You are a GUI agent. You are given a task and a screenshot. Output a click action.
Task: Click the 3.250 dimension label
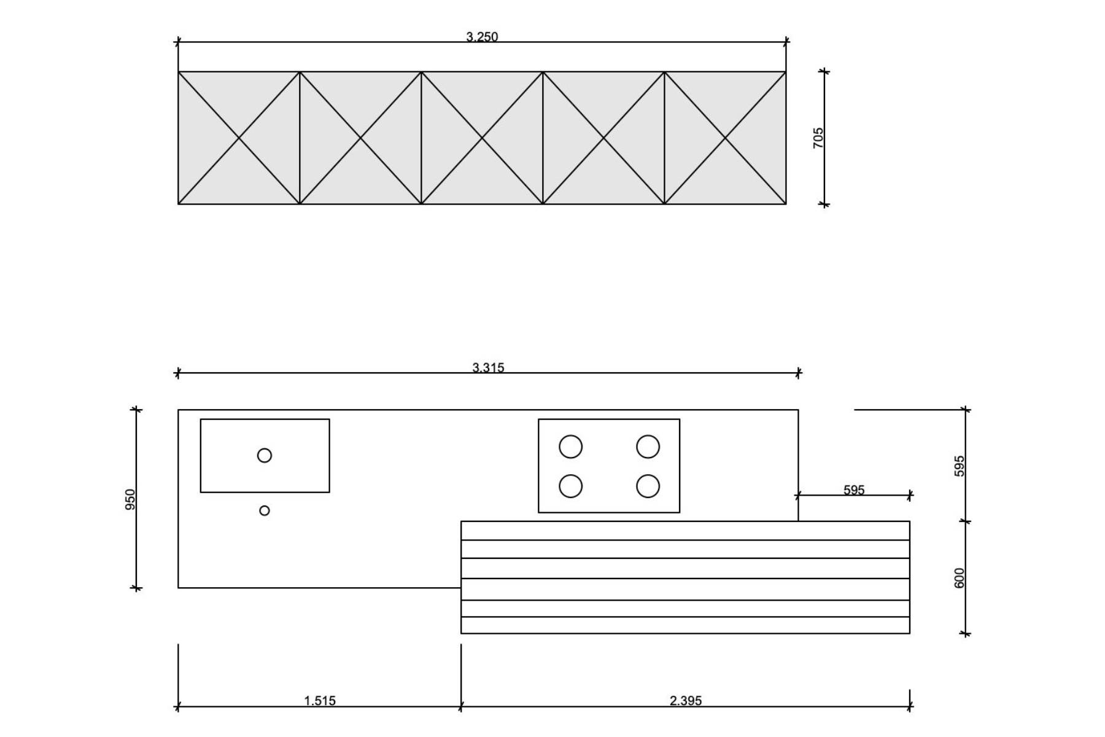point(482,37)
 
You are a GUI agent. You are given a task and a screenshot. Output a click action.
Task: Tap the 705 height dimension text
point(818,138)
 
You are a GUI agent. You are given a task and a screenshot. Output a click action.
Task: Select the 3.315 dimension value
point(488,368)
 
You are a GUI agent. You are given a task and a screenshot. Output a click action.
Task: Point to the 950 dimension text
point(130,499)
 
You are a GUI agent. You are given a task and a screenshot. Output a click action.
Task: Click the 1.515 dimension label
point(320,701)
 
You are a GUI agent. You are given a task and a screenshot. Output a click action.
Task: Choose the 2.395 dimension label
point(686,701)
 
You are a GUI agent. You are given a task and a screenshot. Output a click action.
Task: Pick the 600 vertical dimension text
point(960,578)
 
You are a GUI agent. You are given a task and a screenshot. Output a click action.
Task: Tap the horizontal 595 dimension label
point(854,490)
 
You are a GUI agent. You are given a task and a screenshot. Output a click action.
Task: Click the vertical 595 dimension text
point(960,466)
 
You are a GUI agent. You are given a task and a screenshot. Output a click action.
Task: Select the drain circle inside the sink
point(265,455)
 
